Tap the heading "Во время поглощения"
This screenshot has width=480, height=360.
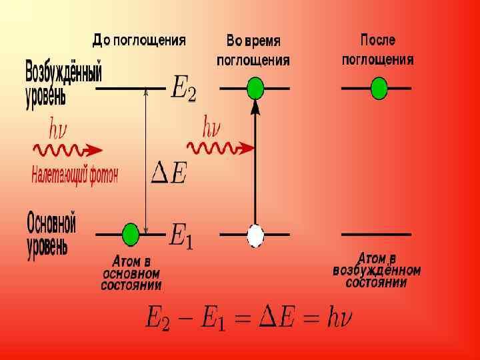[253, 51]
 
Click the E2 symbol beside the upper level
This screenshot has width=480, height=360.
[183, 88]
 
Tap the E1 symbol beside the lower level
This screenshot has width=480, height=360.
[181, 235]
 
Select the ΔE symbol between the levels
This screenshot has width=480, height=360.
[170, 173]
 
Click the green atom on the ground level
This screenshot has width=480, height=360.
[131, 235]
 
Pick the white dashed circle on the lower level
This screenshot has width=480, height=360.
[255, 235]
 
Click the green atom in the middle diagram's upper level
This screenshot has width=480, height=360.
[255, 88]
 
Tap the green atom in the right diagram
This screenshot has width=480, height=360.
[379, 88]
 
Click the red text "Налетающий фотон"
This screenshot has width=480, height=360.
[75, 175]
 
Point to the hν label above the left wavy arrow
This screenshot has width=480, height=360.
[58, 127]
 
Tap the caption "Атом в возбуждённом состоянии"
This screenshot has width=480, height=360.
[377, 270]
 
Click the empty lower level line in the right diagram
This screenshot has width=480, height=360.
[376, 235]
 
